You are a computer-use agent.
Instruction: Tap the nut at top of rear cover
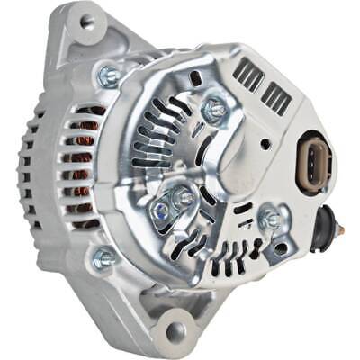coord(214,110)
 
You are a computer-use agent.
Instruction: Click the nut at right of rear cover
coord(268,218)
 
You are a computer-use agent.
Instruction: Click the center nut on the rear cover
coord(184,196)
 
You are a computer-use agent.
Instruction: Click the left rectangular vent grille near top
coord(248,75)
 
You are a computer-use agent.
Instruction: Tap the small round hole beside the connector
coord(266,143)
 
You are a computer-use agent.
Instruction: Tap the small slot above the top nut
coord(195,80)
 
